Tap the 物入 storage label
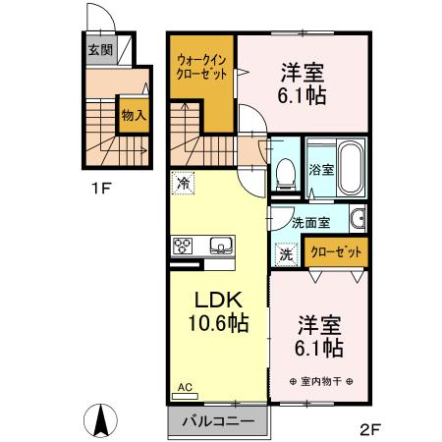pos(133,115)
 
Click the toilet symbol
pos(287,175)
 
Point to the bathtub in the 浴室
pos(350,167)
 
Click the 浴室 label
pos(321,169)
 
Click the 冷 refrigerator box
pos(183,182)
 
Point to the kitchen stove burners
pos(186,246)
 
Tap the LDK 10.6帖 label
pos(218,310)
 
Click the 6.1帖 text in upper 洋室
pos(303,96)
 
